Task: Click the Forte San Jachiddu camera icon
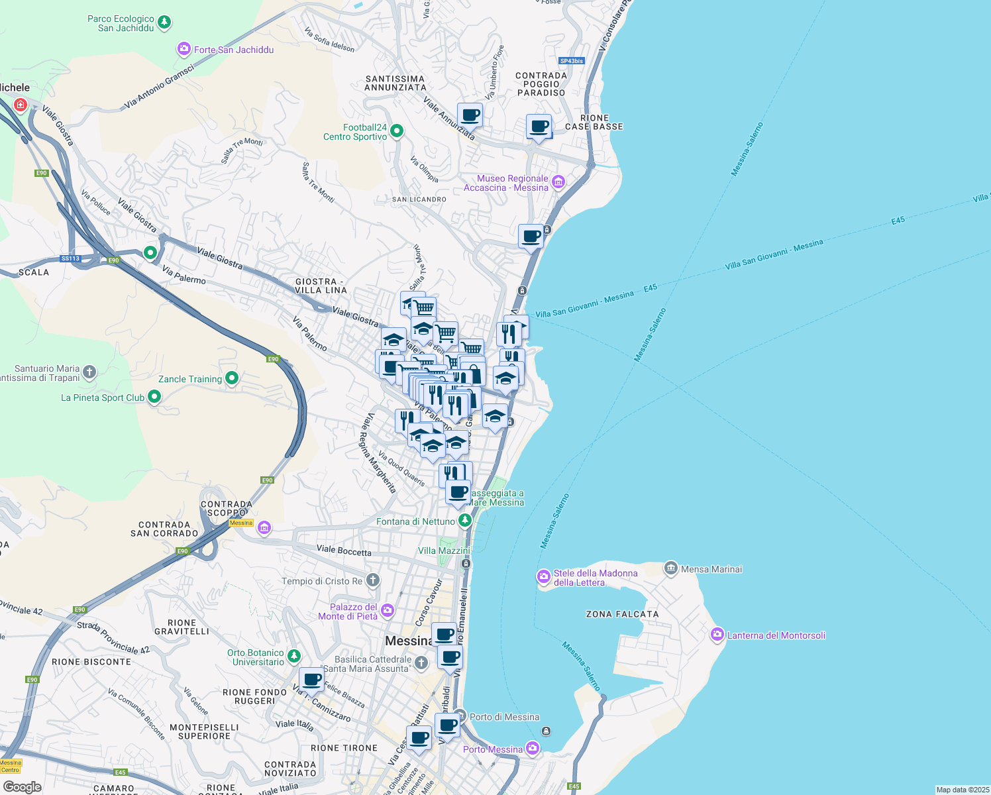[x=183, y=49]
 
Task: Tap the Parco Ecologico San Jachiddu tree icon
[x=164, y=23]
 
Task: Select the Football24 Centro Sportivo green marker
[x=397, y=131]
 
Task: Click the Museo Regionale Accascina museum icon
[x=558, y=182]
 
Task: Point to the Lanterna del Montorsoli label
[x=776, y=635]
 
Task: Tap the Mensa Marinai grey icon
[x=670, y=568]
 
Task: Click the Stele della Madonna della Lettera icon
[x=544, y=577]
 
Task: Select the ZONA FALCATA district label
[x=622, y=614]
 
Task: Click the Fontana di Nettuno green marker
[x=466, y=521]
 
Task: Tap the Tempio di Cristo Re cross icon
[x=373, y=580]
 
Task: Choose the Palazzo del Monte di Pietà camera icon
[x=388, y=610]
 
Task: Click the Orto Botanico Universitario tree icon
[x=293, y=656]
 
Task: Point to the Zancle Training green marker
[x=232, y=378]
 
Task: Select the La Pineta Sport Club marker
[x=154, y=397]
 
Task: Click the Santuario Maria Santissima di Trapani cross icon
[x=89, y=372]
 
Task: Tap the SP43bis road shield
[x=571, y=61]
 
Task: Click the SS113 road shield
[x=70, y=258]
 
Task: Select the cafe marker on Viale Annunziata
[x=470, y=115]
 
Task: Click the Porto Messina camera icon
[x=533, y=749]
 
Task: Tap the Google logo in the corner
[x=23, y=786]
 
